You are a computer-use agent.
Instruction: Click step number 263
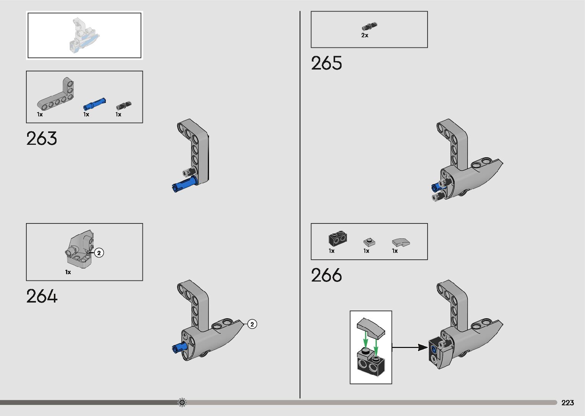(42, 139)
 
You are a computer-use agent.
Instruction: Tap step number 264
(42, 296)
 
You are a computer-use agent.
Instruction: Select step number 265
(326, 63)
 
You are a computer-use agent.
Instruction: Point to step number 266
(326, 275)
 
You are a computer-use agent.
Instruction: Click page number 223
(567, 403)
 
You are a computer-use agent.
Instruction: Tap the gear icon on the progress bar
(182, 402)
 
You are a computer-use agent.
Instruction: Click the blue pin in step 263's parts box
(94, 104)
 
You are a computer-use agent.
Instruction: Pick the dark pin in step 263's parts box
(123, 105)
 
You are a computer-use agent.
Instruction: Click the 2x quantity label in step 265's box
(365, 36)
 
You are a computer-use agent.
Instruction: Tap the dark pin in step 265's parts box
(369, 26)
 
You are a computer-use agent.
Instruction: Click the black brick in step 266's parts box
(338, 238)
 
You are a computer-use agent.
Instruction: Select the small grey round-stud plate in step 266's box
(369, 242)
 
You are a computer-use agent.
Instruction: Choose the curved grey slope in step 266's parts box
(401, 242)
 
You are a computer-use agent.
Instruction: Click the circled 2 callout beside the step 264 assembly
(252, 324)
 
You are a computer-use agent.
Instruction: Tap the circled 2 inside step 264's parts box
(99, 253)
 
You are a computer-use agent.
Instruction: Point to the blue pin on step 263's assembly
(184, 185)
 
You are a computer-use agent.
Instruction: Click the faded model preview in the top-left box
(84, 36)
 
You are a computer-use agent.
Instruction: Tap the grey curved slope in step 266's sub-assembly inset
(371, 327)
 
